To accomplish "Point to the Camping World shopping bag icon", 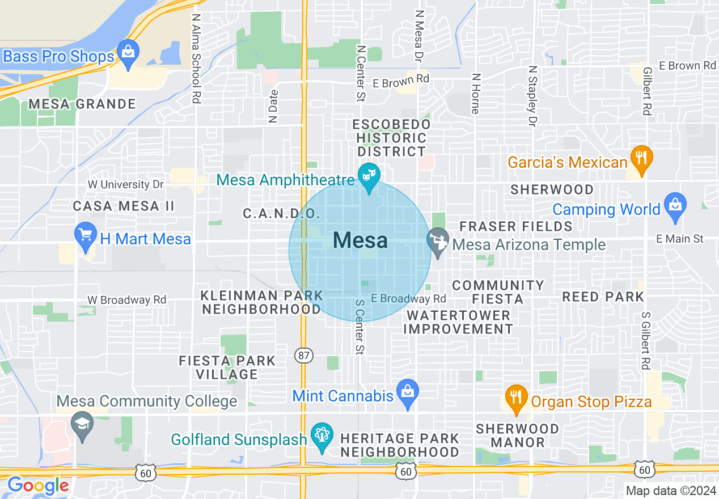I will (x=675, y=205).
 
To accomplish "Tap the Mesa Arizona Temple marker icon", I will (x=438, y=240).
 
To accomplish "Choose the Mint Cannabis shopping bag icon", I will (x=408, y=392).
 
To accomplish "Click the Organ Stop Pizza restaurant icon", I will (x=515, y=397).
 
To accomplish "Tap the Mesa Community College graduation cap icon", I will (x=83, y=424).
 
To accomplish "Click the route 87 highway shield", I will (x=303, y=356).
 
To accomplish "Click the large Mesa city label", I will (x=360, y=240).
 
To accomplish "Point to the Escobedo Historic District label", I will (x=391, y=138).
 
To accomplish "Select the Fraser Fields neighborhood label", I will (x=516, y=226).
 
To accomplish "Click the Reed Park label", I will (x=603, y=297).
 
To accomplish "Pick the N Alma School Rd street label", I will (x=196, y=58).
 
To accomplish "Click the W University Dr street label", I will (x=125, y=185).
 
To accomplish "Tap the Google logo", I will (x=38, y=486).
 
